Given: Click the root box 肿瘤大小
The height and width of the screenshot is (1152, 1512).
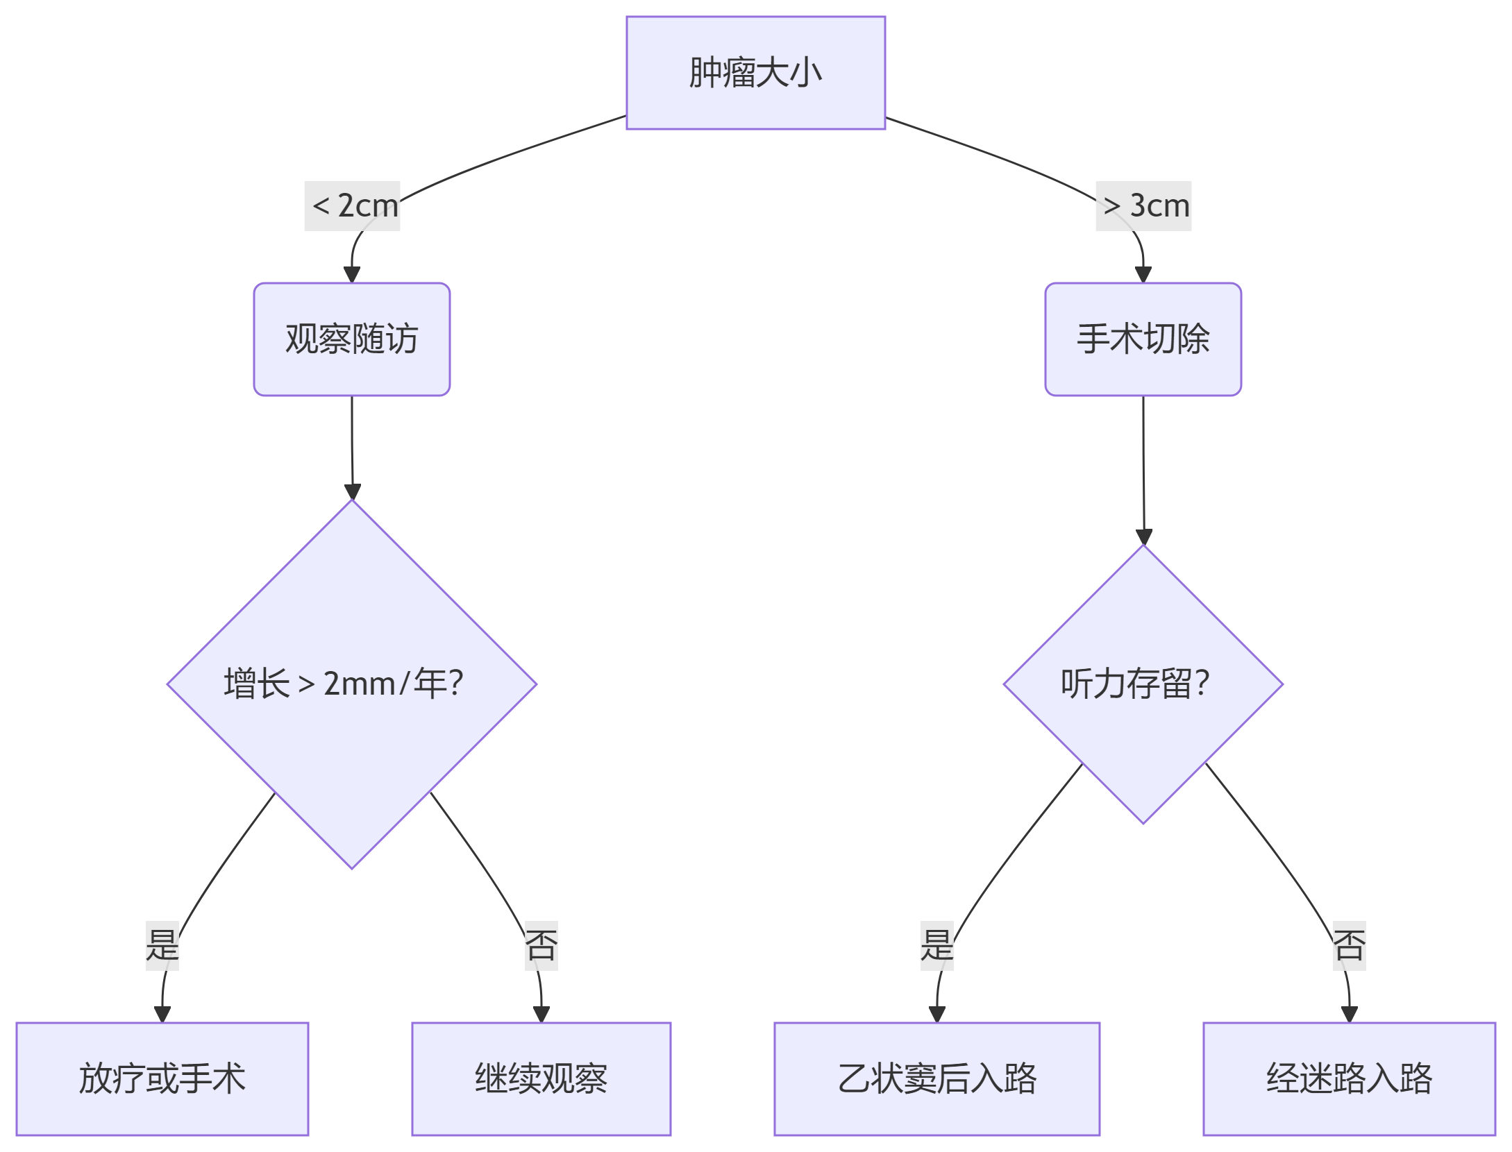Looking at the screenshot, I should pos(755,73).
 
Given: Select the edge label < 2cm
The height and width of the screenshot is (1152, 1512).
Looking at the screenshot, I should pos(353,206).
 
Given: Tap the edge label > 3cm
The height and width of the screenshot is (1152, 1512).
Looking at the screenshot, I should pos(1143,206).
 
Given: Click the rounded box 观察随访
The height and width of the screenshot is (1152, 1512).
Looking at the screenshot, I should pos(352,339).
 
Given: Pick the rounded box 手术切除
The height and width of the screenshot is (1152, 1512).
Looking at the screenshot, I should pos(1143,339).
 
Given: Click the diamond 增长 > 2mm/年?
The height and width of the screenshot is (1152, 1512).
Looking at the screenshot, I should pos(352,684).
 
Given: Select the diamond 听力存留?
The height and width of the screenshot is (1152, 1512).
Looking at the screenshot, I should pos(1143,684).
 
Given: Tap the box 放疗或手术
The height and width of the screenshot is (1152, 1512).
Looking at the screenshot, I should pos(162,1078).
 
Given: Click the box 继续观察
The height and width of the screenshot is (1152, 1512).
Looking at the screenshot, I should pos(541,1078).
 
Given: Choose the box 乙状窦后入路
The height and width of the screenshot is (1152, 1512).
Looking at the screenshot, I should pos(936,1078).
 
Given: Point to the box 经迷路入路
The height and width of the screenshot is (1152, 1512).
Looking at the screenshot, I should pos(1349,1078).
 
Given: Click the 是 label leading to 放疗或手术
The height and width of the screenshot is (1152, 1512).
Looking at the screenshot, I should pos(162,945).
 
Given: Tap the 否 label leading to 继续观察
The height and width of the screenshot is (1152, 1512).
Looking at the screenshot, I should pos(541,945).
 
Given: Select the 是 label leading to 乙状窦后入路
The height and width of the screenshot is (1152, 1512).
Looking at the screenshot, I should pos(937,945).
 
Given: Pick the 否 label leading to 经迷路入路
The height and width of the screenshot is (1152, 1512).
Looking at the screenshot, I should pos(1349,945).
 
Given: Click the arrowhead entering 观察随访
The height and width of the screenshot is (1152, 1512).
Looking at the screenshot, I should pos(352,274).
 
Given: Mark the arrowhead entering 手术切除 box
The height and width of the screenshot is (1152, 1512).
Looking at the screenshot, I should pos(1143,274).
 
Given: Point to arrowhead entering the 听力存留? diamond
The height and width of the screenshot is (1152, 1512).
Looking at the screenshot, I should pos(1144,536).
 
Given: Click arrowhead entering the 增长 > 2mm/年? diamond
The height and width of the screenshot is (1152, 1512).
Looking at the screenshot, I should pos(353,491).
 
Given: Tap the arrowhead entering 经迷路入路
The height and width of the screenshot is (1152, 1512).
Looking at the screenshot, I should pos(1349,1014).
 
